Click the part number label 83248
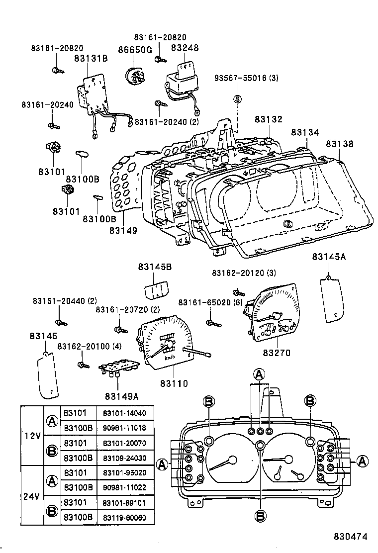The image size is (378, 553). (x=185, y=48)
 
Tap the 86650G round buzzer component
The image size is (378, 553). (x=135, y=76)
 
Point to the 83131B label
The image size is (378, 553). (x=91, y=58)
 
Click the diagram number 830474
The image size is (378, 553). (x=351, y=537)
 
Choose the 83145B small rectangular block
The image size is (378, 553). (x=155, y=290)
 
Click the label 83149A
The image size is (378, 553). (x=121, y=396)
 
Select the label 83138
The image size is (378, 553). (x=340, y=144)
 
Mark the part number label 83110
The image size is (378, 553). (x=174, y=383)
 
